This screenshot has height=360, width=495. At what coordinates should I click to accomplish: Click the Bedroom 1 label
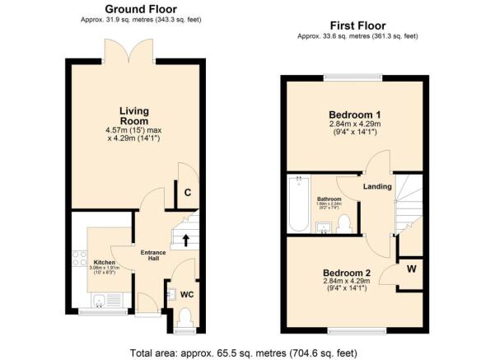tap(353, 114)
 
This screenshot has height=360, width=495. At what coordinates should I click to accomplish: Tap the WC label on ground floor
tap(186, 293)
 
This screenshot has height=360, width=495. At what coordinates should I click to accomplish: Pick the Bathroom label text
tap(329, 199)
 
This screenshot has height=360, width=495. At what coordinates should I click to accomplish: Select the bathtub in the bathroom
tap(298, 203)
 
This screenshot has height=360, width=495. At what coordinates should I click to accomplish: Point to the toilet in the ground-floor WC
tap(185, 317)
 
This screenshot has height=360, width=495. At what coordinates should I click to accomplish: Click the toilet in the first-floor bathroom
tap(345, 222)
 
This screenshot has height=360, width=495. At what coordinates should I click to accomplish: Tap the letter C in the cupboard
tap(187, 194)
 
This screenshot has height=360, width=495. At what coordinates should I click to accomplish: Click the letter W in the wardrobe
tap(410, 268)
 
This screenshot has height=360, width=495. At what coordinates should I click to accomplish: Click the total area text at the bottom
tap(243, 353)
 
